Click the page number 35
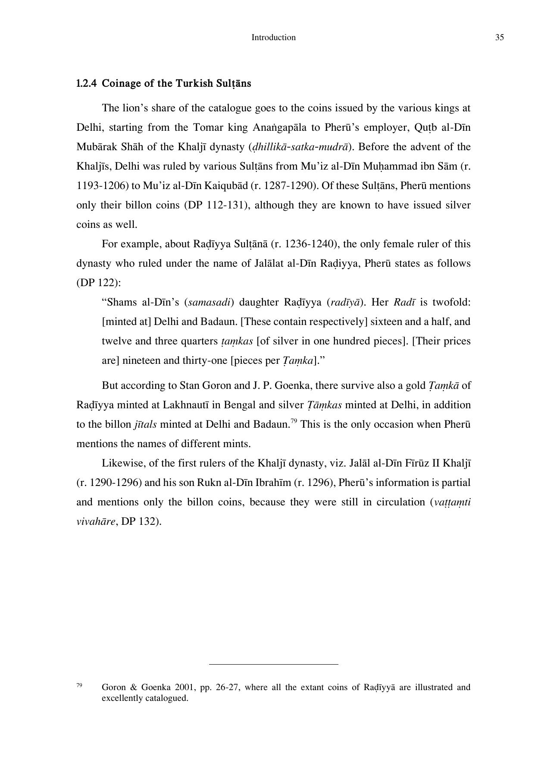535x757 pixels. pos(499,38)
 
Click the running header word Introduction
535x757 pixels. pos(273,38)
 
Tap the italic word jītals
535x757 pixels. pos(145,425)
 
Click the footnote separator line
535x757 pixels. pos(273,664)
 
